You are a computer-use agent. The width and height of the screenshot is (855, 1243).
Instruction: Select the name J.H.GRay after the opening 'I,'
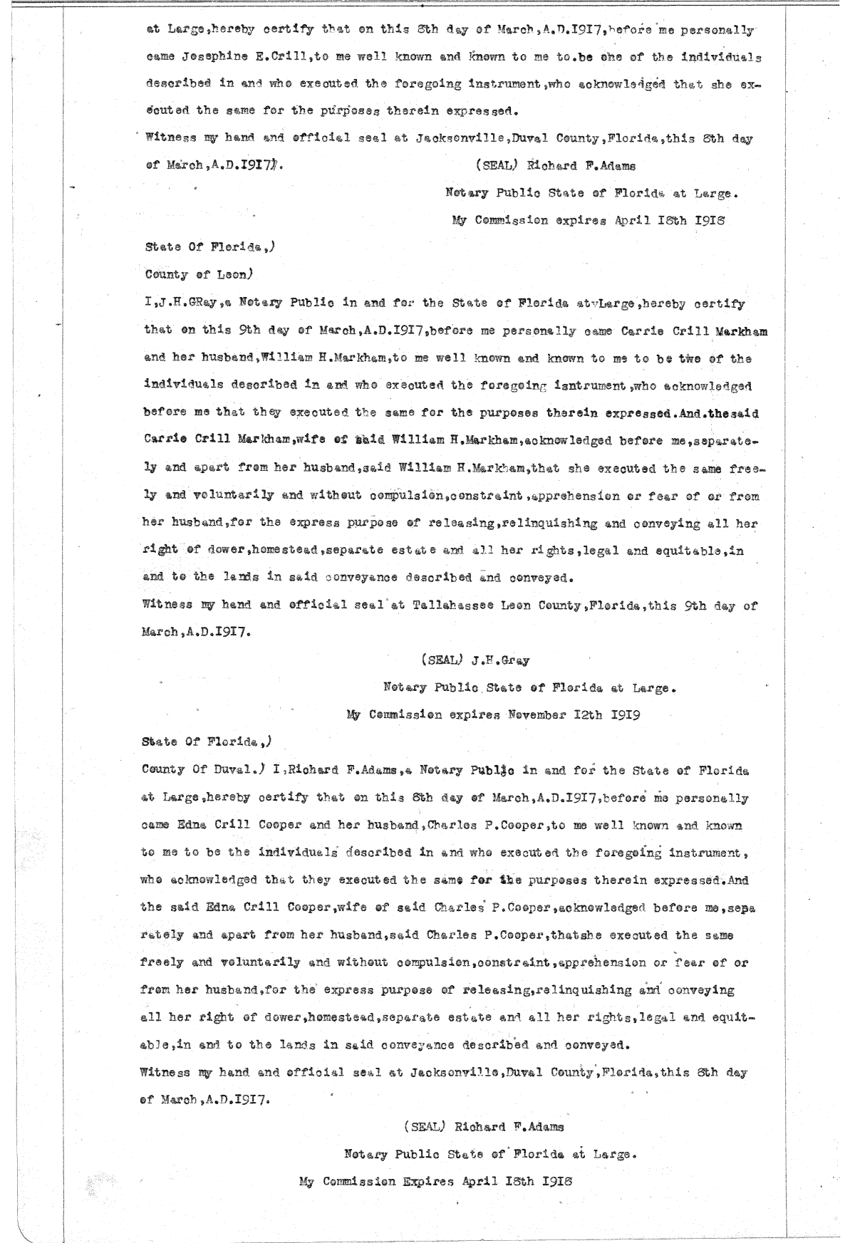click(x=187, y=304)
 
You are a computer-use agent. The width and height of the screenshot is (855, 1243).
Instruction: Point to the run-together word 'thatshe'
click(x=580, y=935)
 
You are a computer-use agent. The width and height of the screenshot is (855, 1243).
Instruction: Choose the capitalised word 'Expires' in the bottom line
click(x=427, y=1180)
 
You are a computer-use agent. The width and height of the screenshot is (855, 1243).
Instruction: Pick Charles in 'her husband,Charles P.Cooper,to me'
click(x=439, y=826)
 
